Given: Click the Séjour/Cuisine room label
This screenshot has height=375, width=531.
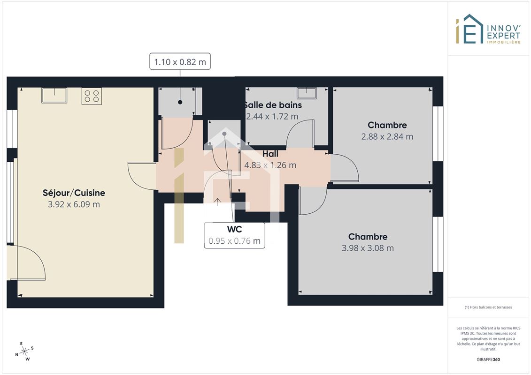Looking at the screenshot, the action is point(74,193).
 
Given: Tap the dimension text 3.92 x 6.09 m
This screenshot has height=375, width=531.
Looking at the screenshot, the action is point(74,204).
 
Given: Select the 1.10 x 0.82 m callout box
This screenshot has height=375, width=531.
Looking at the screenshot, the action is point(180,61).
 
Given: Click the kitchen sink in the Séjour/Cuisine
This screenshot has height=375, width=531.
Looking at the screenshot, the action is point(54,95).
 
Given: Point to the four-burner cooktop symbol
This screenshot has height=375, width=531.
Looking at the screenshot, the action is point(92,96).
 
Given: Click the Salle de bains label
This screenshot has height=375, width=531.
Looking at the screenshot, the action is point(273,105).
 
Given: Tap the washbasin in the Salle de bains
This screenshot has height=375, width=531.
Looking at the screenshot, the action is point(307,93).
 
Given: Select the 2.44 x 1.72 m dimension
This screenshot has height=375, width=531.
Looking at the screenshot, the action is point(272,116).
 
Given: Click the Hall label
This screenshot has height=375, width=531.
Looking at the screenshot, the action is point(270,154).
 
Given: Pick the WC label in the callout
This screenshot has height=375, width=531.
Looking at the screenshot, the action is point(234,229).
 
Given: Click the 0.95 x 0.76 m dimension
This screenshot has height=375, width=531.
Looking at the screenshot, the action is point(234,241).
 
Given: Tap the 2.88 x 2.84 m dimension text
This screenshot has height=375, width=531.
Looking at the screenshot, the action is point(387,136).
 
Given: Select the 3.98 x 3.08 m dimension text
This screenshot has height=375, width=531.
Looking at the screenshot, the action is point(368,248).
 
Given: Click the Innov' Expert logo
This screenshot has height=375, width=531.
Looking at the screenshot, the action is point(488,29).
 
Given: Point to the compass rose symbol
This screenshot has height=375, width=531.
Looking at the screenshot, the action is point(24,352).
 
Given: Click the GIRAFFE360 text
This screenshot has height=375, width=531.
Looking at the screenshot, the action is point(488,360).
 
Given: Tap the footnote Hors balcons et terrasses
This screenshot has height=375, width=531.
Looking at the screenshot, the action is point(488,307).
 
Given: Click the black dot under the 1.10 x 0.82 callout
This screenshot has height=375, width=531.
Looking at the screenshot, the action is point(180,102).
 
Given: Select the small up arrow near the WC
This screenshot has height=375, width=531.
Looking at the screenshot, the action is point(217,202).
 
